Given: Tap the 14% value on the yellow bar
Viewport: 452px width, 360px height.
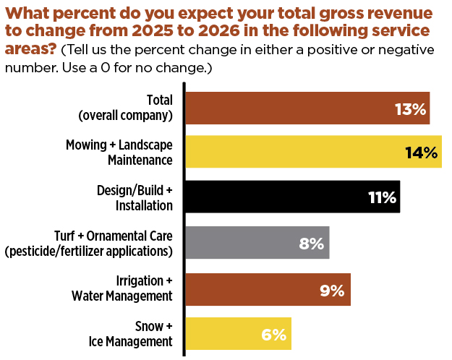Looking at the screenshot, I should (x=422, y=153).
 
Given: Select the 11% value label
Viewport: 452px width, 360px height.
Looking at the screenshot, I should (x=382, y=197).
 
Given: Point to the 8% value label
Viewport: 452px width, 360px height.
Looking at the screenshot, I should (x=311, y=243).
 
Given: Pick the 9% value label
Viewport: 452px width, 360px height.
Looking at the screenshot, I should (x=331, y=289).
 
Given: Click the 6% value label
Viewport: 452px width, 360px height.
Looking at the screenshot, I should (x=274, y=334).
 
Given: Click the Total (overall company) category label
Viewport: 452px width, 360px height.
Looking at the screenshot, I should (x=124, y=108).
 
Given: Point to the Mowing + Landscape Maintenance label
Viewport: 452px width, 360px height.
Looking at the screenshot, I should (x=119, y=153).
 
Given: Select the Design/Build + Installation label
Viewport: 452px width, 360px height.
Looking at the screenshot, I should (x=135, y=197).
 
